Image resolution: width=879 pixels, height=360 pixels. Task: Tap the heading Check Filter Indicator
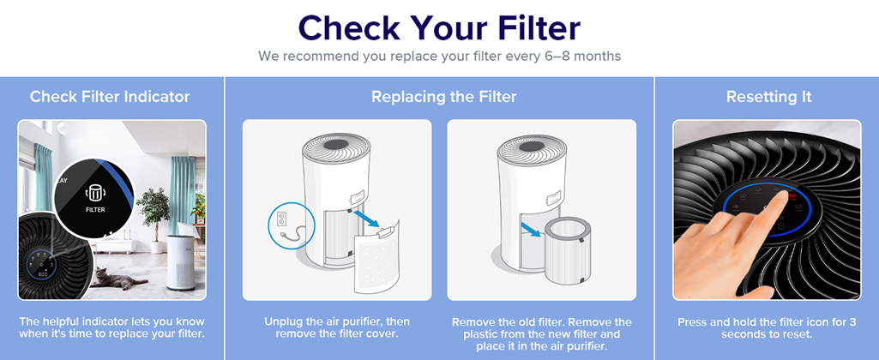click(110, 97)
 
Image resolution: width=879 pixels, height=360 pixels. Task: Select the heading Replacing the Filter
click(443, 97)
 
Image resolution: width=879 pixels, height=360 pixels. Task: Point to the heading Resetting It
click(768, 97)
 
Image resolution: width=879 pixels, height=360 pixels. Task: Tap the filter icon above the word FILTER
click(95, 194)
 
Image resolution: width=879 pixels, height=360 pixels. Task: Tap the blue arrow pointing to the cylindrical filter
click(531, 230)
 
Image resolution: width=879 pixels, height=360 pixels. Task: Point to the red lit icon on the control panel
click(792, 197)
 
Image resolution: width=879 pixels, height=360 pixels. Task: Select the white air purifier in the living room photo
click(181, 262)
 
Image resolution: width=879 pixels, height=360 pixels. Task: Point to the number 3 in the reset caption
click(852, 322)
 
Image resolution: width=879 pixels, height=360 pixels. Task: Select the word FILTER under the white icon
click(95, 210)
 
